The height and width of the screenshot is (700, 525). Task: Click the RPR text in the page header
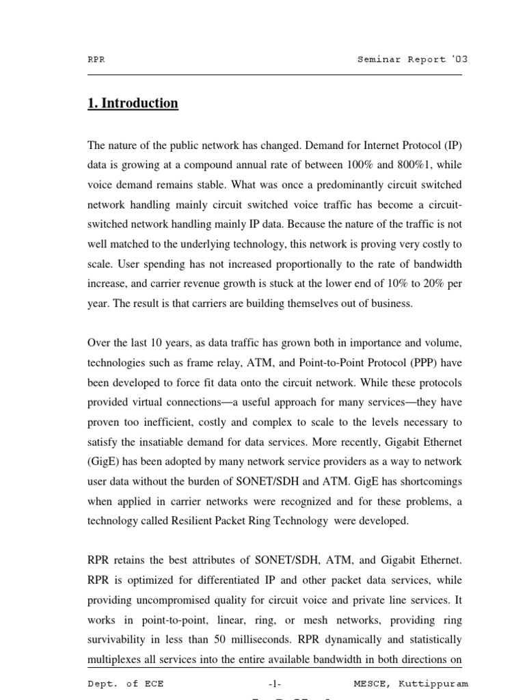pyautogui.click(x=96, y=59)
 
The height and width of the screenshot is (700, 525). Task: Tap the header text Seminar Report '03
pyautogui.click(x=412, y=59)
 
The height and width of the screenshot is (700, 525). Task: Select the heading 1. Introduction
pyautogui.click(x=133, y=103)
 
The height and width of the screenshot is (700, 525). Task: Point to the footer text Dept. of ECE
pyautogui.click(x=125, y=684)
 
